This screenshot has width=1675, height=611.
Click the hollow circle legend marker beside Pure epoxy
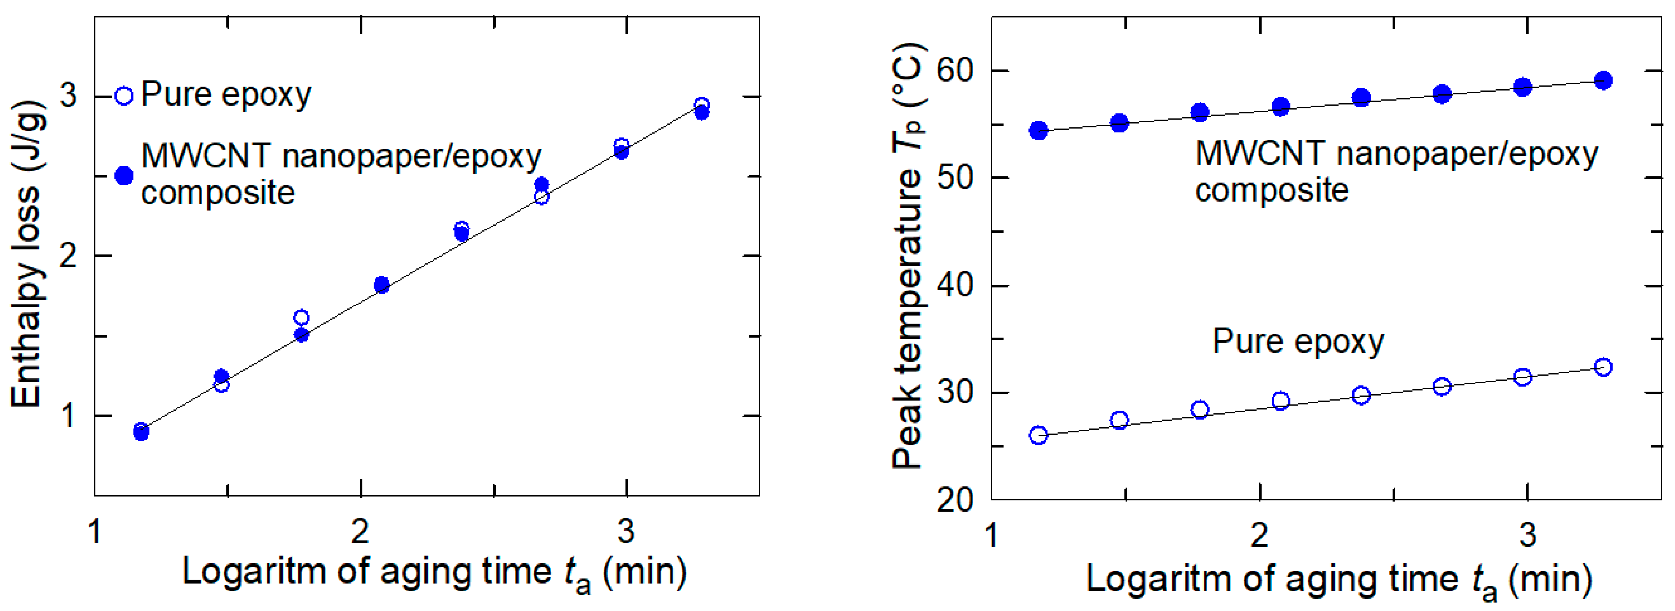124,96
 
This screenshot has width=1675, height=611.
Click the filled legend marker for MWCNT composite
124,176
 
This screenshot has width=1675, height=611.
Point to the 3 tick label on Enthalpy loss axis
68,96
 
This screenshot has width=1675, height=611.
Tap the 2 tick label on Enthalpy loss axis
68,256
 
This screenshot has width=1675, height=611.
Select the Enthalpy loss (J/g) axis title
27,254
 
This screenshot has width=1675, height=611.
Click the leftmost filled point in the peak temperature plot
1038,130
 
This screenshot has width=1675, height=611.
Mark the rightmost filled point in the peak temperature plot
1604,80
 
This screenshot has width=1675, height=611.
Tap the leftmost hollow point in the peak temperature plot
1038,435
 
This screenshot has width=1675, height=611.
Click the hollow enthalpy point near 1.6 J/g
301,317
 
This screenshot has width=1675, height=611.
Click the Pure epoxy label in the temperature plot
1298,342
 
